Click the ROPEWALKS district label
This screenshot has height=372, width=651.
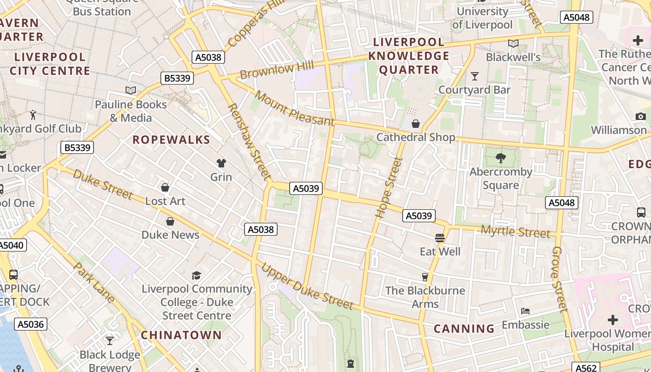click(171, 139)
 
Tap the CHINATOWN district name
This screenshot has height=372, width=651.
click(181, 335)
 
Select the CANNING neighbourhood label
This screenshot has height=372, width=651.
click(464, 329)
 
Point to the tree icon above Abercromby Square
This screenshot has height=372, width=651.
click(501, 158)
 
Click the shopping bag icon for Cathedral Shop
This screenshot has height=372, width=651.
click(416, 123)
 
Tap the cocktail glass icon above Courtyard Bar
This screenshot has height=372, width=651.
click(475, 76)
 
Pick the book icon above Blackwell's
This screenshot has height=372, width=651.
click(513, 44)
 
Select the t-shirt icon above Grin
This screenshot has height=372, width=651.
click(221, 163)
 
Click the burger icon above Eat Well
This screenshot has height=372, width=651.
click(440, 238)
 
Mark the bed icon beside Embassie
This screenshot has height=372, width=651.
click(525, 311)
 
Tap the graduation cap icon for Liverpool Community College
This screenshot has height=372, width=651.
click(197, 275)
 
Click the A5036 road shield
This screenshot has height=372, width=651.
click(31, 324)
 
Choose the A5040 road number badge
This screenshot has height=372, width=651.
click(11, 245)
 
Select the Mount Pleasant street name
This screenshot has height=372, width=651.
click(295, 109)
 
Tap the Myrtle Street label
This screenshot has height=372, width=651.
click(515, 231)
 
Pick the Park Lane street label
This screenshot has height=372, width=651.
click(95, 283)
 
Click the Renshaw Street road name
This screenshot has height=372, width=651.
click(248, 141)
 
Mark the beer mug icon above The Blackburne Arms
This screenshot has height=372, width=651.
click(425, 277)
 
